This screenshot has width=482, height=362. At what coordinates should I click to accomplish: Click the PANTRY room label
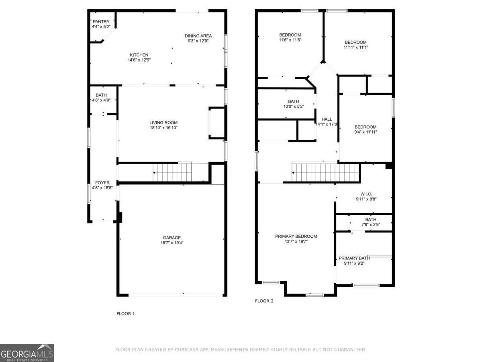[x=101, y=21]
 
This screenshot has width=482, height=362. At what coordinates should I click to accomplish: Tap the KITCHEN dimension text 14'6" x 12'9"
[x=139, y=60]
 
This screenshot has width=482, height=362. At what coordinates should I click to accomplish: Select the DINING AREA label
[x=198, y=36]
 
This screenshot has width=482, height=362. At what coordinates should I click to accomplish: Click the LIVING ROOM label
[x=163, y=123]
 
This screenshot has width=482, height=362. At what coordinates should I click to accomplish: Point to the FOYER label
[x=102, y=183]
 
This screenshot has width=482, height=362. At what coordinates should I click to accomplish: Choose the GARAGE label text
[x=172, y=237]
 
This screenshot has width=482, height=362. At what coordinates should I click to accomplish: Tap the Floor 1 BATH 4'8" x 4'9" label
[x=101, y=95]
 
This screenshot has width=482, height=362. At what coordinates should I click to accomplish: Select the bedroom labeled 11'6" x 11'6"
[x=290, y=35]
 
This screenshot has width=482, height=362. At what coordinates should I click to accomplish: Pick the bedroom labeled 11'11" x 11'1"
[x=355, y=42]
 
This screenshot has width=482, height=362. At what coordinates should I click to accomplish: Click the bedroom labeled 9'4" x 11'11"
[x=365, y=127]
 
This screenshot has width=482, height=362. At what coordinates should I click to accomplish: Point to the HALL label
[x=327, y=119]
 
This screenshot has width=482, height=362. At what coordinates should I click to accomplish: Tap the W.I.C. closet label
[x=366, y=193]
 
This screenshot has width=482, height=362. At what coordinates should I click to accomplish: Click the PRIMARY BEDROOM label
[x=296, y=236]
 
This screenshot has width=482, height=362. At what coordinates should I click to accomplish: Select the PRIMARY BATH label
[x=354, y=258]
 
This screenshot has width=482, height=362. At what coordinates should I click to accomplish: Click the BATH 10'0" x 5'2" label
[x=293, y=101]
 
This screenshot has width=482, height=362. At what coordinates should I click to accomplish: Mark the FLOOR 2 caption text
[x=264, y=301]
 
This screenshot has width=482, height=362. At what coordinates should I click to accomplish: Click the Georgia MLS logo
[x=27, y=353]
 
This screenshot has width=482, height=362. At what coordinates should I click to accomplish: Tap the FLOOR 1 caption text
[x=126, y=313]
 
